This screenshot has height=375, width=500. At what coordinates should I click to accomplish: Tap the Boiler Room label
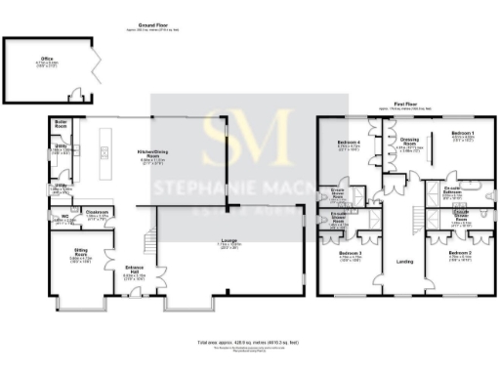pyautogui.click(x=61, y=123)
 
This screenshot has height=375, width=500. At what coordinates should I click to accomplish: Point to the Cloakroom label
pyautogui.click(x=97, y=211)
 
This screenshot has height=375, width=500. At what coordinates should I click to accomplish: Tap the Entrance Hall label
pyautogui.click(x=134, y=268)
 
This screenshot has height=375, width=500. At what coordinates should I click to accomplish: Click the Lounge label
pyautogui.click(x=227, y=238)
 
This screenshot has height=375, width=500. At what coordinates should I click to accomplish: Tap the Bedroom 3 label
pyautogui.click(x=350, y=254)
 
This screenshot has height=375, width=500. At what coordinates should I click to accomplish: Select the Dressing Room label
pyautogui.click(x=409, y=143)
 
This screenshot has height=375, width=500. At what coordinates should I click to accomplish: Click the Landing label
pyautogui.click(x=405, y=262)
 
